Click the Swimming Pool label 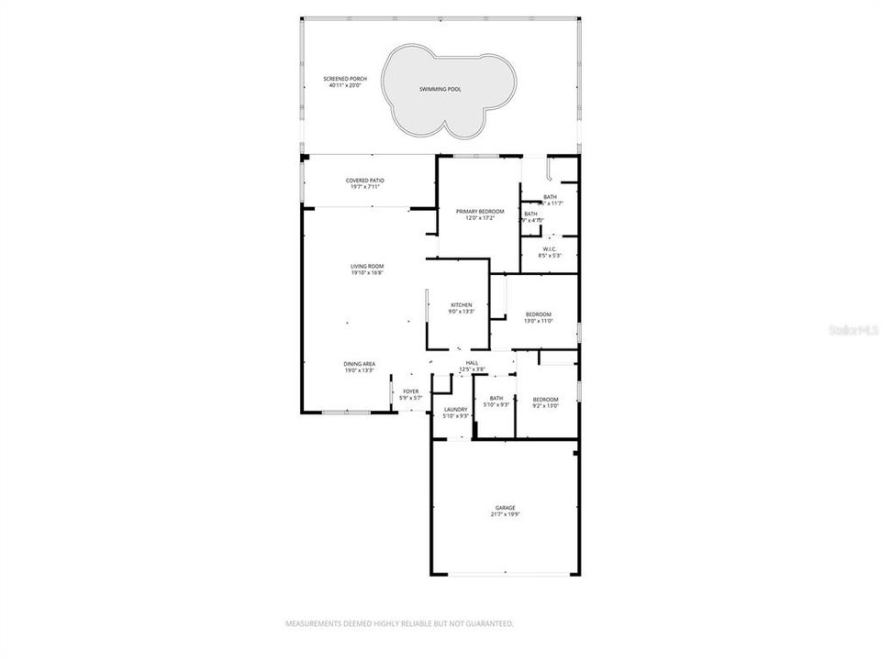[440, 89]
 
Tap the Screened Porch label [345, 80]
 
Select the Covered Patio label [364, 181]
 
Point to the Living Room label [366, 267]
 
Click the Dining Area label [360, 364]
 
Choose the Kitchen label [461, 304]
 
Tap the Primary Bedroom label [480, 212]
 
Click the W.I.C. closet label [551, 248]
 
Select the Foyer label [410, 391]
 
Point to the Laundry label [456, 409]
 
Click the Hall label [473, 363]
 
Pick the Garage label [505, 508]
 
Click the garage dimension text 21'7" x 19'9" [505, 515]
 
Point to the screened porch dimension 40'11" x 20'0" [345, 86]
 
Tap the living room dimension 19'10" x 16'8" [366, 273]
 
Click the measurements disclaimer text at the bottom [399, 623]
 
